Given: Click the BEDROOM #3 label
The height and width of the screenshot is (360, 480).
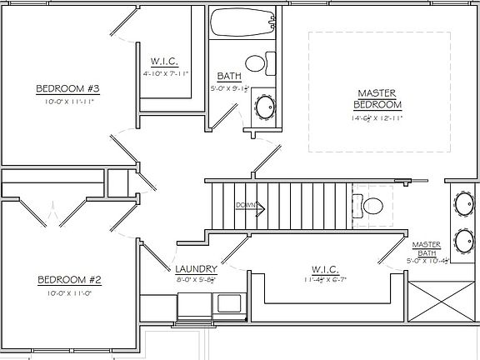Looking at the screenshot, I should (x=67, y=89).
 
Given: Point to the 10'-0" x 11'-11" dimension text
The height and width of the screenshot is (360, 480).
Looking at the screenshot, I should (x=67, y=102).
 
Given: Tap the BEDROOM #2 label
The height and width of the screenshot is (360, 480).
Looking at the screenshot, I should (x=69, y=280).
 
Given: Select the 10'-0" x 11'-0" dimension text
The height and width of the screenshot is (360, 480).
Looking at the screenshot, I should (x=69, y=293).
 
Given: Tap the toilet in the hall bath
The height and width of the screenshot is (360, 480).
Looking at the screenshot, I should (x=257, y=62).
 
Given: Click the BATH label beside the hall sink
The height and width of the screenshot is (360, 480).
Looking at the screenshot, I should (x=229, y=76).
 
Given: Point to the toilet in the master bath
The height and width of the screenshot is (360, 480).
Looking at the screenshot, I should (x=370, y=203).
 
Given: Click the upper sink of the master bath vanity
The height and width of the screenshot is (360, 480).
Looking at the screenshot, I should (x=464, y=202).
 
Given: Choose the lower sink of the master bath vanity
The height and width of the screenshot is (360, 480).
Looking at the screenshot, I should (x=464, y=241).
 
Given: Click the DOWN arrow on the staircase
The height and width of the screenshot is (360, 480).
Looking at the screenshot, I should (x=250, y=206).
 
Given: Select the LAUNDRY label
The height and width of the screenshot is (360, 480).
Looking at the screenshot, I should (x=197, y=269).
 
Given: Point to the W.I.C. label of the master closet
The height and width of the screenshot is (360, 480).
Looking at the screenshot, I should (x=324, y=269).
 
